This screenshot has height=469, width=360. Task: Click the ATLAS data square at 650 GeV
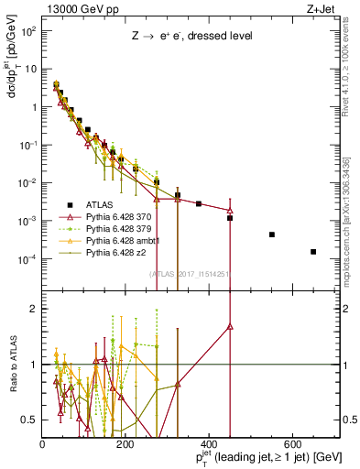[x=313, y=252]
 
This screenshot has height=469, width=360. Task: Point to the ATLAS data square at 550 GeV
[x=272, y=234]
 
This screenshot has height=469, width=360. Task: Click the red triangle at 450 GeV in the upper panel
[x=230, y=210]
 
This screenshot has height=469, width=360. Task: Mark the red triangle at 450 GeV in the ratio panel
[x=230, y=326]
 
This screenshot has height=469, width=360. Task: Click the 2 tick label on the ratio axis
[x=35, y=309]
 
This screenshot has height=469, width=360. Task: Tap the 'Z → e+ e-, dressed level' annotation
[x=190, y=36]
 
